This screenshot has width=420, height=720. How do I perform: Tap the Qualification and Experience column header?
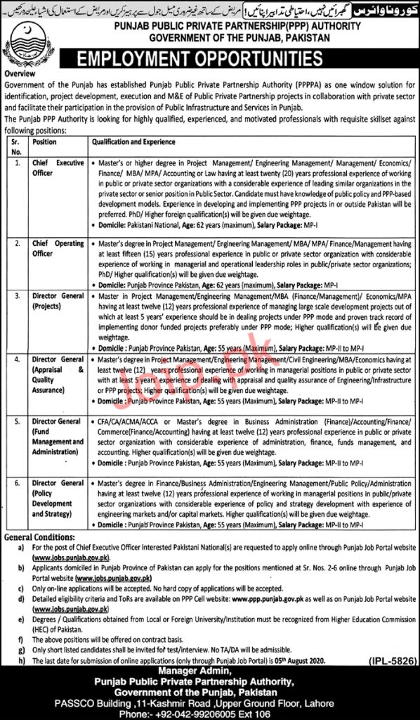point(130,141)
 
